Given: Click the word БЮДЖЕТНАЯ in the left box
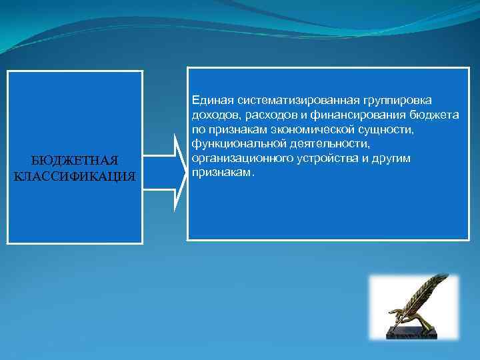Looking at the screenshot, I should point(75,161).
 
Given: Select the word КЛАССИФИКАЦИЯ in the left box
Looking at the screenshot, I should point(75,176).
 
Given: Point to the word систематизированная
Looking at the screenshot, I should point(295,101).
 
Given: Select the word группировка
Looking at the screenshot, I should point(397,101).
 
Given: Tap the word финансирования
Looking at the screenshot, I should point(348,115).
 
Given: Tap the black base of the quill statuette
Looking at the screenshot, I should point(413,331).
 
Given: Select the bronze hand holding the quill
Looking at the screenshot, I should point(403,317).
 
